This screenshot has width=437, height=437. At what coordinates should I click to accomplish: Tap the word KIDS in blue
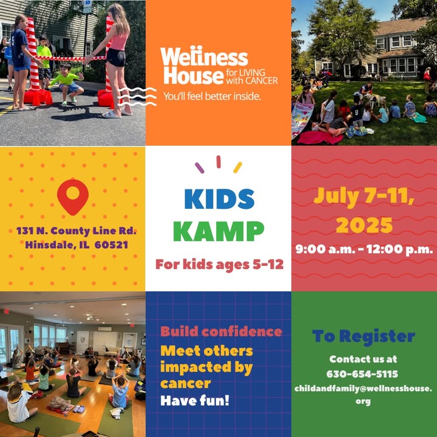(x=219, y=199)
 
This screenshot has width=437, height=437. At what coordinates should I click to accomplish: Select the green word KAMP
(x=218, y=231)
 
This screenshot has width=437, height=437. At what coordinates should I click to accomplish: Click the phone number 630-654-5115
(x=362, y=374)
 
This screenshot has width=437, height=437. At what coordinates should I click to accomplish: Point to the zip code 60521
(x=111, y=245)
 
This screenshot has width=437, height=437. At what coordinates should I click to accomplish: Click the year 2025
(x=364, y=225)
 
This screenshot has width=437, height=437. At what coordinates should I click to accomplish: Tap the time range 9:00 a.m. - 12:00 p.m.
(x=364, y=249)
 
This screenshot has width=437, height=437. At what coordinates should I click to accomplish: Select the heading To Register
(x=364, y=337)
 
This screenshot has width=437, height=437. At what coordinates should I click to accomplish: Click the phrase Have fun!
(x=195, y=401)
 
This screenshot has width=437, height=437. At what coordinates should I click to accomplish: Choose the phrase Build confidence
(x=222, y=331)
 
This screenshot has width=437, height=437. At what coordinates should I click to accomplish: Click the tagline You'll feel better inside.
(x=212, y=97)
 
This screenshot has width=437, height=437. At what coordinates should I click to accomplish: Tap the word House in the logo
(x=194, y=75)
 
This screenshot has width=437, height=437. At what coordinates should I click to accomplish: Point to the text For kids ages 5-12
(x=219, y=265)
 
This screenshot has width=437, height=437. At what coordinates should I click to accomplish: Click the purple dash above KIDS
(x=200, y=168)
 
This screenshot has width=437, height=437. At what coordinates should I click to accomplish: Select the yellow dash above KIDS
(x=238, y=168)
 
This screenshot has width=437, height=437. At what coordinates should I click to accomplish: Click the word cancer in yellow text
(x=185, y=384)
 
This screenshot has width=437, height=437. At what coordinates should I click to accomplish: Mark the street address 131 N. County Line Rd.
(x=76, y=231)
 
